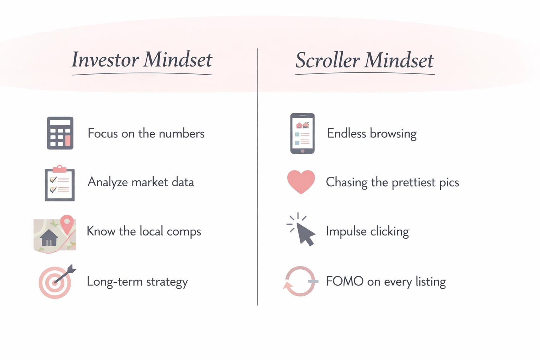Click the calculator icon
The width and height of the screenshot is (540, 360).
60,133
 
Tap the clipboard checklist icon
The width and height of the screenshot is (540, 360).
59,184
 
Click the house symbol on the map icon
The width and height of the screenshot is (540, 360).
49,238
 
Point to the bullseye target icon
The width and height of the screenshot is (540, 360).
55,282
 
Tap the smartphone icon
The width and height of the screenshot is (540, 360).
302,133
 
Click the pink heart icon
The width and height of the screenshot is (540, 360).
301,181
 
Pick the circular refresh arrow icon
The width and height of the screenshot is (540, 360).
300,281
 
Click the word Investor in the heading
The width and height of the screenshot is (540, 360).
105,60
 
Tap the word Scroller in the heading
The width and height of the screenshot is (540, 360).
328,60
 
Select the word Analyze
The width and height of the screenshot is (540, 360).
108,182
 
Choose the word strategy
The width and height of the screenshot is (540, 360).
167,282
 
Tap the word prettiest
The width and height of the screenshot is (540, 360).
413,182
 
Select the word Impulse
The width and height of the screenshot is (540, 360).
346,232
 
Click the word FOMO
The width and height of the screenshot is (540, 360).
345,281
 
